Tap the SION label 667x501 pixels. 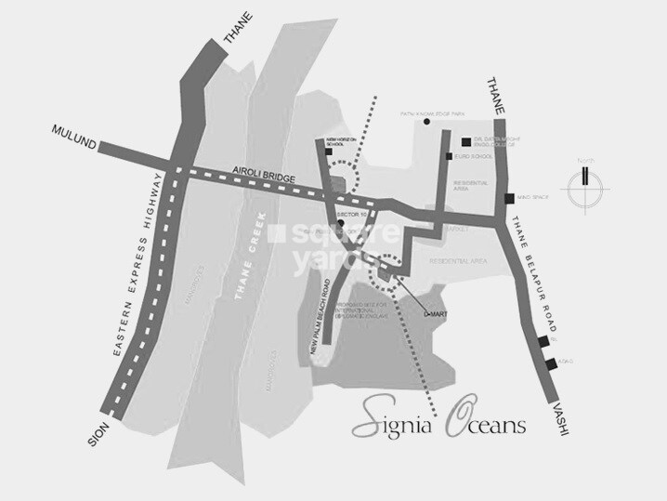point(95,433)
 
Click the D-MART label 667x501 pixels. point(433,315)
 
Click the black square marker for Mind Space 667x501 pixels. point(508,198)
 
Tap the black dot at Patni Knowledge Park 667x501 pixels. point(426,122)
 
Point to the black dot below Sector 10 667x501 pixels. point(341,224)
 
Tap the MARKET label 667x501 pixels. point(456,228)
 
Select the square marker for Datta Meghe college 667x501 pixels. point(464,141)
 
